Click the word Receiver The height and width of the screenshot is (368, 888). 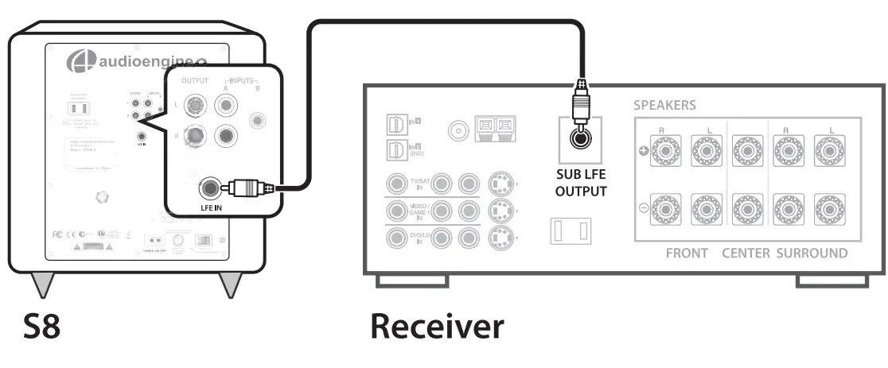coord(436,327)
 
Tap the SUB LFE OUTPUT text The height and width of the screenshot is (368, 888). coord(581,183)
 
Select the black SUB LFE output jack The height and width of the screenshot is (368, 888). coord(581,139)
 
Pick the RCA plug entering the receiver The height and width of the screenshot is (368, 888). coord(581,100)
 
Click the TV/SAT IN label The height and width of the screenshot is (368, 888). coord(418,186)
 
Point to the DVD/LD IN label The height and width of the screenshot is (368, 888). coord(418,238)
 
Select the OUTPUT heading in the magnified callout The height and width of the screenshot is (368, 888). coord(194,81)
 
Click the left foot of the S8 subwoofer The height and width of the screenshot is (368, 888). coord(42,285)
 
